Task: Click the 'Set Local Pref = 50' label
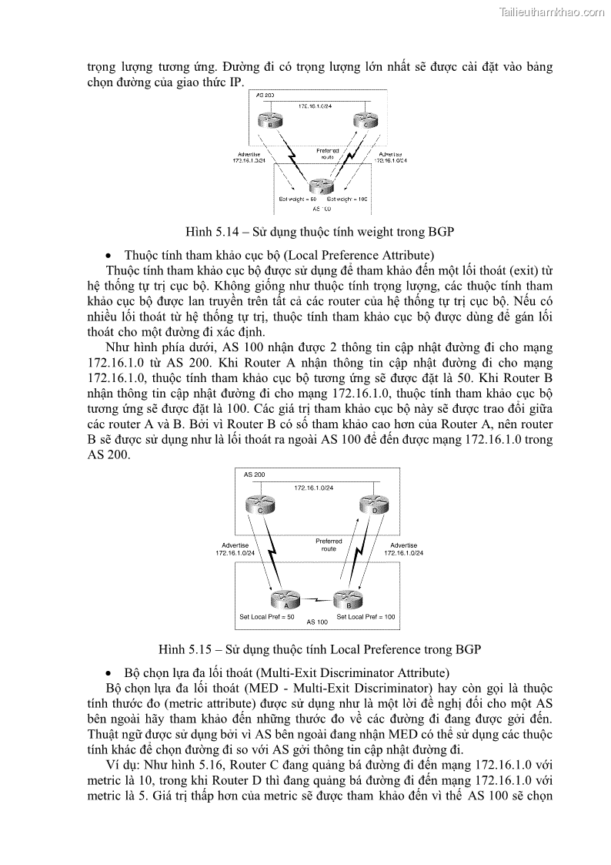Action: point(268,616)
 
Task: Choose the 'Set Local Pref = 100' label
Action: point(366,616)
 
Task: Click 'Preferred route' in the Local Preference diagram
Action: point(329,545)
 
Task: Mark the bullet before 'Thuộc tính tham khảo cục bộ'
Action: point(109,255)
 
